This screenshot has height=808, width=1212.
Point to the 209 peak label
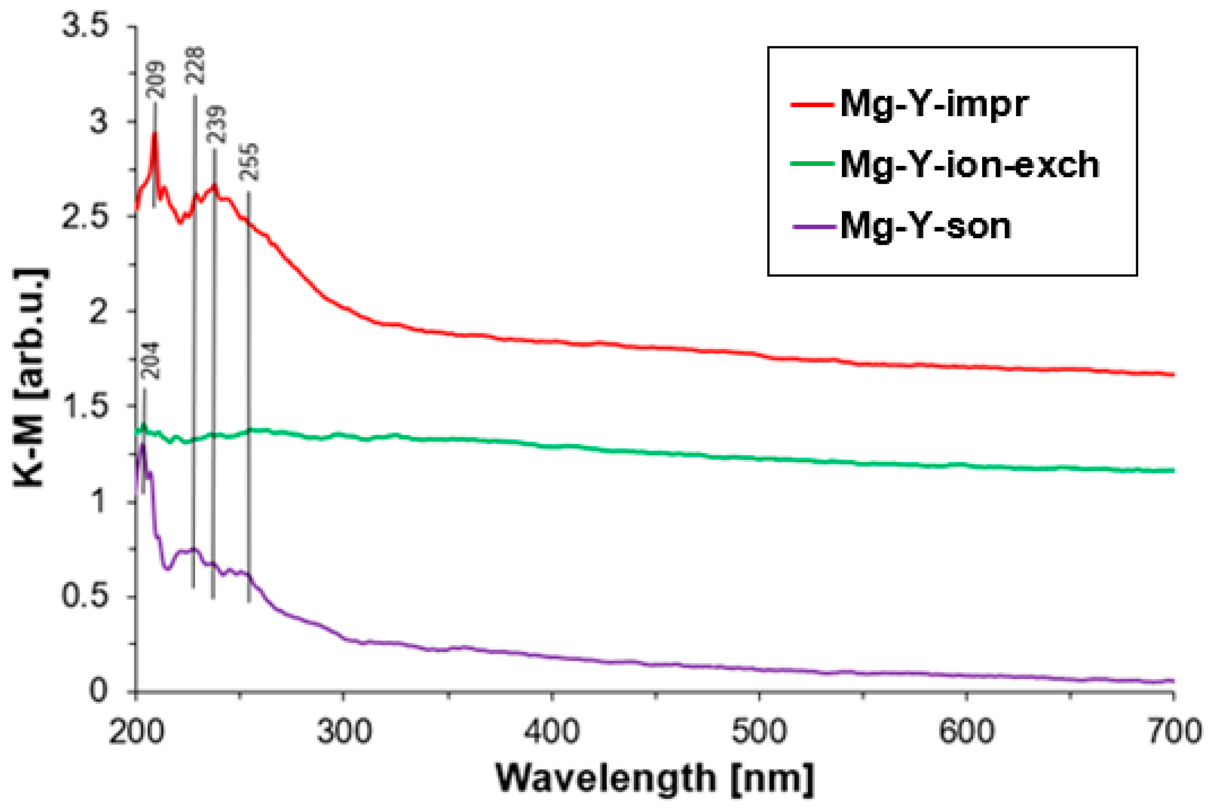click(156, 80)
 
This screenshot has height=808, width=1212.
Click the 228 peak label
click(196, 66)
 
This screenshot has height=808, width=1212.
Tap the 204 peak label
click(151, 361)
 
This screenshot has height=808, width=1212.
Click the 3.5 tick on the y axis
click(86, 26)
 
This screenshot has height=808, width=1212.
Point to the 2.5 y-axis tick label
click(86, 216)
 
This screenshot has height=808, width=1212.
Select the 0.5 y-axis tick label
click(86, 597)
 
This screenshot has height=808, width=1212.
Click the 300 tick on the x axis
click(344, 732)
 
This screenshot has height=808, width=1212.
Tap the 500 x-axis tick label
click(760, 732)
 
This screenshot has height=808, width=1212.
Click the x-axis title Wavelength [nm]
click(655, 778)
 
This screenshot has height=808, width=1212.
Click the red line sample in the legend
click(812, 105)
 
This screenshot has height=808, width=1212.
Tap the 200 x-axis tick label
click(137, 732)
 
